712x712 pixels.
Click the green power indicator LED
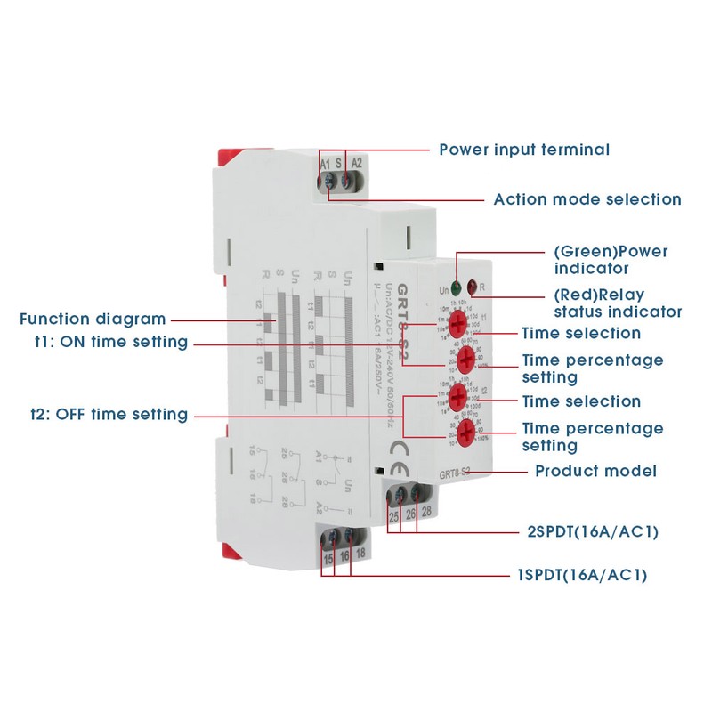pyautogui.click(x=456, y=288)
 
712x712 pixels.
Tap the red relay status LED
pyautogui.click(x=472, y=288)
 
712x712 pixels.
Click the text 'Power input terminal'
pyautogui.click(x=524, y=149)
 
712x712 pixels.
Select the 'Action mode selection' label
pyautogui.click(x=587, y=199)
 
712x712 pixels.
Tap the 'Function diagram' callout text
pyautogui.click(x=93, y=319)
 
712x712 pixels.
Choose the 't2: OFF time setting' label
pyautogui.click(x=109, y=414)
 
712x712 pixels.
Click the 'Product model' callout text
pyautogui.click(x=595, y=471)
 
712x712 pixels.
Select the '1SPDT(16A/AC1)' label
pyautogui.click(x=582, y=575)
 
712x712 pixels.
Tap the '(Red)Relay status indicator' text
pyautogui.click(x=618, y=303)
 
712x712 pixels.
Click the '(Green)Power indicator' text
pyautogui.click(x=611, y=259)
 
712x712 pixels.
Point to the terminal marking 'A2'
pyautogui.click(x=357, y=163)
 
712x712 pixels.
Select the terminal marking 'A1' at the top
pyautogui.click(x=325, y=163)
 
